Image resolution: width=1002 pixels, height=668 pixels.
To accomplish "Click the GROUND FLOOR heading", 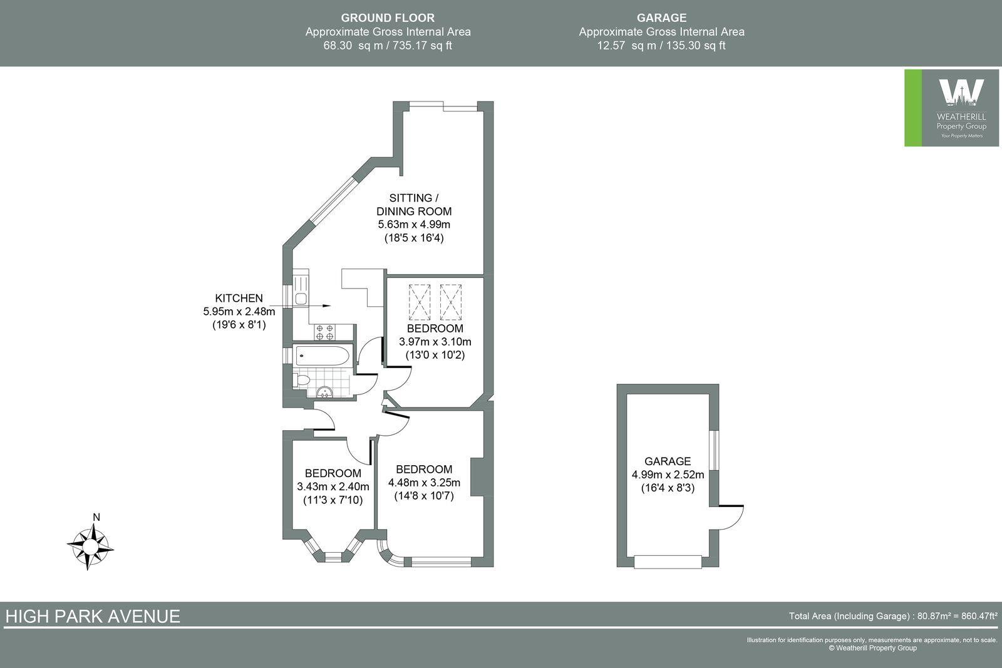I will [x=388, y=18].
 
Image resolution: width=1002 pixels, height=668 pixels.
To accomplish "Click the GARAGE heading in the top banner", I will [x=661, y=18].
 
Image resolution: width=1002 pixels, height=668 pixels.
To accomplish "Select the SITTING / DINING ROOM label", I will [x=413, y=205].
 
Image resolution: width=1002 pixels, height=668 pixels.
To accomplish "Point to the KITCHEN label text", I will [x=239, y=298].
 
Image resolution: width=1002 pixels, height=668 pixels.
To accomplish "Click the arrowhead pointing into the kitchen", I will [x=326, y=306].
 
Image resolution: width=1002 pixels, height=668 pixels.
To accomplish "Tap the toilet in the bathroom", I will [x=301, y=379].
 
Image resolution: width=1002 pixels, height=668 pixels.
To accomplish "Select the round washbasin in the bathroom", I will [x=325, y=393].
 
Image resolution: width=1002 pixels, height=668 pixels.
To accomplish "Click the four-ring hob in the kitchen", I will [x=324, y=332].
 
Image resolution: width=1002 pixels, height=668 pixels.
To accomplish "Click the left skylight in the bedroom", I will [x=420, y=302].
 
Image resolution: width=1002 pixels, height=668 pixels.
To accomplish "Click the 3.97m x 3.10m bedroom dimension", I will [x=435, y=342].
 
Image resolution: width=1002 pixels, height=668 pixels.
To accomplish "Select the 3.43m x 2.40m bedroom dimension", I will [x=333, y=486].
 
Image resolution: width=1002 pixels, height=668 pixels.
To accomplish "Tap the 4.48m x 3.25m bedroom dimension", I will [x=424, y=482].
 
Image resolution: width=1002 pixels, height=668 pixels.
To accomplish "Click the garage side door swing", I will [x=730, y=516].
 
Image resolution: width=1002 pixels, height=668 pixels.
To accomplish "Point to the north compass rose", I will [x=90, y=546].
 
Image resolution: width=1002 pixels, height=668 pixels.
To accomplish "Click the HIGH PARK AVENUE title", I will [x=93, y=616].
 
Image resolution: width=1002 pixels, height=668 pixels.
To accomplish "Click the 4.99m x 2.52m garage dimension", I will [x=668, y=475].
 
